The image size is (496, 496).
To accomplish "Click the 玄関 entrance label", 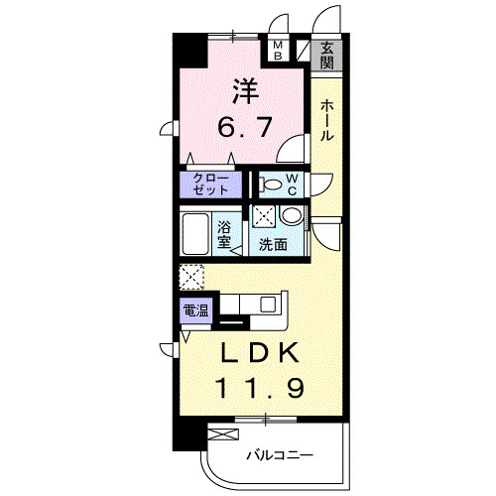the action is tap(326, 56).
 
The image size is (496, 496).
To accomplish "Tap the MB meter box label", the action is tap(278, 51).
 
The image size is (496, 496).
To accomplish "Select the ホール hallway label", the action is tap(326, 120).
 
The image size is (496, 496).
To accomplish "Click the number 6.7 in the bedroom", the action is tap(245, 127).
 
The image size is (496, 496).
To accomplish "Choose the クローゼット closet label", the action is tap(210, 184).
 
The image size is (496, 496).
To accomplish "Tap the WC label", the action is tap(292, 185).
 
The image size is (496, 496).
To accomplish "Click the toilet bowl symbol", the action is tap(270, 185).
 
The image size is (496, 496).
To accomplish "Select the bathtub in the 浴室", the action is tap(195, 234).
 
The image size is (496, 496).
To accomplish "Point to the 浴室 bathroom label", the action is tap(224, 235).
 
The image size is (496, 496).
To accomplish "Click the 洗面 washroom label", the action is tap(273, 244).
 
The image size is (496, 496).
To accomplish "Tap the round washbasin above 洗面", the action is tap(292, 215).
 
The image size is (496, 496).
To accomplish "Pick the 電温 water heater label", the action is tap(195, 310).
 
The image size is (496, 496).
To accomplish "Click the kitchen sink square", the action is tap(268, 305).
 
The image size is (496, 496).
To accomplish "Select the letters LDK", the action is tap(260, 353).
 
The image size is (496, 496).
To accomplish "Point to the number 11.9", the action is tap(260, 388).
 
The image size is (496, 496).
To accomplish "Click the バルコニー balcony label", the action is tap(280, 456).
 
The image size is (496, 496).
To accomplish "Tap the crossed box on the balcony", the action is tap(223, 434).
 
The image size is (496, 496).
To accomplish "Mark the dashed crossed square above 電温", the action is tap(191, 277).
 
